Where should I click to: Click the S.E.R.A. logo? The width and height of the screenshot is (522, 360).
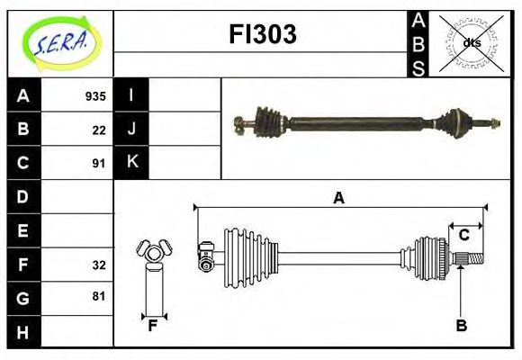[59, 42]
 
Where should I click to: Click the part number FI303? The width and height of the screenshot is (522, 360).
[261, 35]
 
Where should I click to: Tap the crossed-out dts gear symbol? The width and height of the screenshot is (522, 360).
[471, 42]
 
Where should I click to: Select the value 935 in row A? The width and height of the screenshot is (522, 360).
[95, 95]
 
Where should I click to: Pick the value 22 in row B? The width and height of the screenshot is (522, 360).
[99, 130]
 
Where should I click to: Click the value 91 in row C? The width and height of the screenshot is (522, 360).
[99, 164]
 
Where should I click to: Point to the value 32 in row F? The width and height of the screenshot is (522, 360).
[99, 265]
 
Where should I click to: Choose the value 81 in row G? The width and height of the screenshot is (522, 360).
[99, 296]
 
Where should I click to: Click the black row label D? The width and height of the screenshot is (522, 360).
[23, 195]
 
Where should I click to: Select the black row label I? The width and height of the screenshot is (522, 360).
[131, 95]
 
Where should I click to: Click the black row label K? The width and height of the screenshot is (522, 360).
[131, 163]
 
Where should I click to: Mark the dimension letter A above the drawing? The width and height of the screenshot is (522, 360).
[338, 198]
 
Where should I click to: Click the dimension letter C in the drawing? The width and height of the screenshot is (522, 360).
[463, 235]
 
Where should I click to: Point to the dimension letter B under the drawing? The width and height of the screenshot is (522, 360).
[461, 326]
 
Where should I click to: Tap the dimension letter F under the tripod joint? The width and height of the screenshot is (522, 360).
[153, 326]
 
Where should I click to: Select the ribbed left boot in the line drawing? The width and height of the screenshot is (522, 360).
[243, 252]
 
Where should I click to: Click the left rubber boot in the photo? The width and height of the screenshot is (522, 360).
[269, 121]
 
